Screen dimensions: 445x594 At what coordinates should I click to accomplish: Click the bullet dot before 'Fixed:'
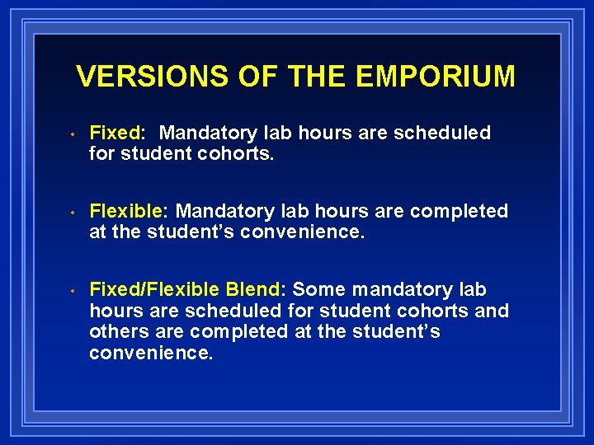click(x=73, y=134)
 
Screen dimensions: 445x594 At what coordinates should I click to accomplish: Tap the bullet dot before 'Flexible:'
click(x=73, y=213)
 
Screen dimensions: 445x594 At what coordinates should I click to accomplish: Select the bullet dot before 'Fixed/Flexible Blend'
click(x=73, y=291)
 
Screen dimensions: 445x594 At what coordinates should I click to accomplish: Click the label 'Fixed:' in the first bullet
click(x=117, y=133)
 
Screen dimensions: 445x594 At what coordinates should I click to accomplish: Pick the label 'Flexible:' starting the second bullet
click(x=129, y=211)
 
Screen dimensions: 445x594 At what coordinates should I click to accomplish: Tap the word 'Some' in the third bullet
click(x=319, y=289)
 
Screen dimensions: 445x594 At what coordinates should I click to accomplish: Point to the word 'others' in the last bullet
click(x=116, y=331)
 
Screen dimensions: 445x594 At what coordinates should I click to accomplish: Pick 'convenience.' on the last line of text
click(x=151, y=353)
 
